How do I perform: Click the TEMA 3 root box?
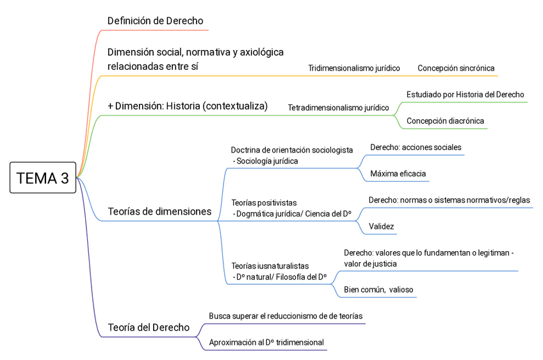[x=42, y=179]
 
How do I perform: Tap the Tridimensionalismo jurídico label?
[x=353, y=68]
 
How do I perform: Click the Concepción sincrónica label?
[x=456, y=68]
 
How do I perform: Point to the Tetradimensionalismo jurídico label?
[x=338, y=108]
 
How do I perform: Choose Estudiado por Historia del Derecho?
[x=465, y=94]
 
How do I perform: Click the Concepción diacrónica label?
[x=445, y=120]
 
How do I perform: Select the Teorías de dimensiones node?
[x=159, y=211]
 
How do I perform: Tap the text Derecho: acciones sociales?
[x=416, y=147]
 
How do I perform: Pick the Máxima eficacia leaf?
[x=398, y=174]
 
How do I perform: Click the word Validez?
[x=381, y=226]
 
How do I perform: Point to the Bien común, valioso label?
[x=378, y=290]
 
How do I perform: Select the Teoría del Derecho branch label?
[x=149, y=327]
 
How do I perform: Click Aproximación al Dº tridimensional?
[x=266, y=343]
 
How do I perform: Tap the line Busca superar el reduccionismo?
[x=286, y=316]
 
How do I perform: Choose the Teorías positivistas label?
[x=264, y=203]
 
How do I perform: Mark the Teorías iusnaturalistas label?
[x=270, y=265]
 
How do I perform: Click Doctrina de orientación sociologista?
[x=291, y=150]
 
